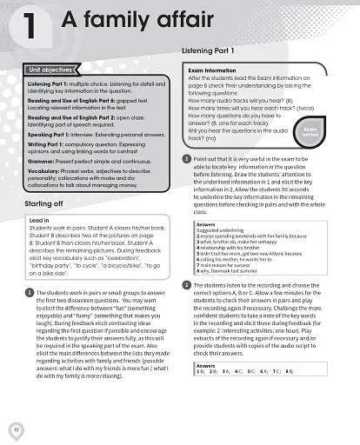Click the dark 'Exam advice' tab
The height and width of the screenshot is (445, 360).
pos(335,131)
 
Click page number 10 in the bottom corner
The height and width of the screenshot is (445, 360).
pos(17,428)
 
